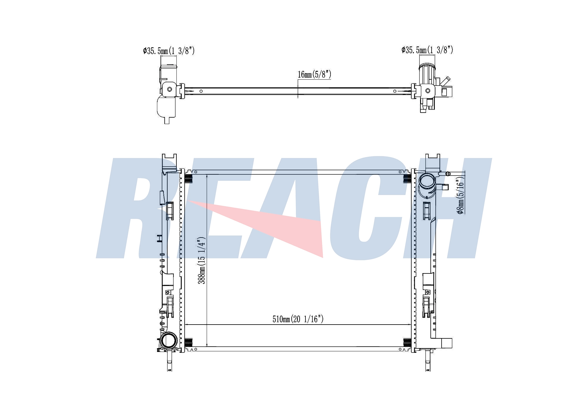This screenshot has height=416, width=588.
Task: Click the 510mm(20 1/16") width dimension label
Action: click(298, 319)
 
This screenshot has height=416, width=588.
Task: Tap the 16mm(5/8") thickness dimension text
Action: click(315, 74)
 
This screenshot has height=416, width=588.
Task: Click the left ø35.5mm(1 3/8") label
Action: click(169, 51)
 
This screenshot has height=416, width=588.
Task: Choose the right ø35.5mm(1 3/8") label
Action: click(427, 50)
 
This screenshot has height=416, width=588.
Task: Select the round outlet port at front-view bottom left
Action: click(168, 340)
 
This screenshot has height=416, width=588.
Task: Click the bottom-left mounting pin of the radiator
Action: click(169, 361)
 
